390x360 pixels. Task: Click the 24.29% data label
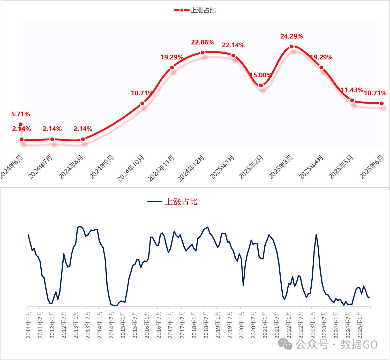point(291,36)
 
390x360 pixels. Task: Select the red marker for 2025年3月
point(291,47)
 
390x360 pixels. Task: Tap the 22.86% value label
point(202,42)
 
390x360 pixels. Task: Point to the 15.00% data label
point(261,75)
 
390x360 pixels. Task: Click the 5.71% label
point(21,114)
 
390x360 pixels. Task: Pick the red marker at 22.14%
point(233,56)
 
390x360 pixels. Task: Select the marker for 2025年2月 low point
point(261,86)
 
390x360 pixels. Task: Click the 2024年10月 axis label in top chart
point(131,168)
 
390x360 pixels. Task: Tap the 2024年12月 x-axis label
point(191,168)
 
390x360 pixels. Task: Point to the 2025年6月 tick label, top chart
point(372,167)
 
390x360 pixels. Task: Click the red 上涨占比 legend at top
point(195,10)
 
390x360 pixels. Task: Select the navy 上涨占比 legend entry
point(172,202)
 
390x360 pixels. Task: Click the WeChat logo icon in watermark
point(285,344)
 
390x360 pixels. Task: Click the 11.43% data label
point(352,90)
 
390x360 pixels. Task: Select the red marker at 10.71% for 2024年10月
point(142,104)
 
